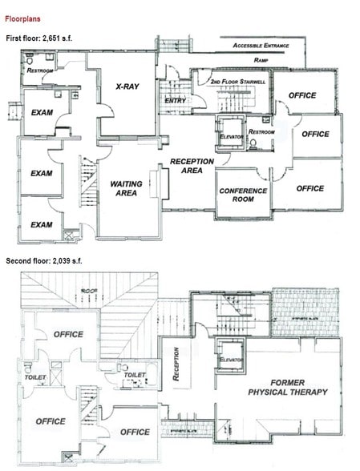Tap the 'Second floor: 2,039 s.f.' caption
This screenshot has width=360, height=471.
point(53,261)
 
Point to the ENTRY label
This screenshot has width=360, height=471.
point(175,101)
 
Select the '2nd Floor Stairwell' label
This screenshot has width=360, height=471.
point(237,83)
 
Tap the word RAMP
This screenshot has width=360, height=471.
point(261,60)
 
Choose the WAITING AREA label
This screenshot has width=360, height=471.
point(126,188)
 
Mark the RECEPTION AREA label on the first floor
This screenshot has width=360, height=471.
point(192,166)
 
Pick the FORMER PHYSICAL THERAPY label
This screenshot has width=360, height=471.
point(288,386)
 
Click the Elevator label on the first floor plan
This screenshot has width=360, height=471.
point(231,136)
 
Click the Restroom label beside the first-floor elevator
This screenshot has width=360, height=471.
point(261,131)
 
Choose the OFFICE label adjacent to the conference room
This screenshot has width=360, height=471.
point(310,188)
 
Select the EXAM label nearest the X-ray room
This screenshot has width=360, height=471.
point(41,113)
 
